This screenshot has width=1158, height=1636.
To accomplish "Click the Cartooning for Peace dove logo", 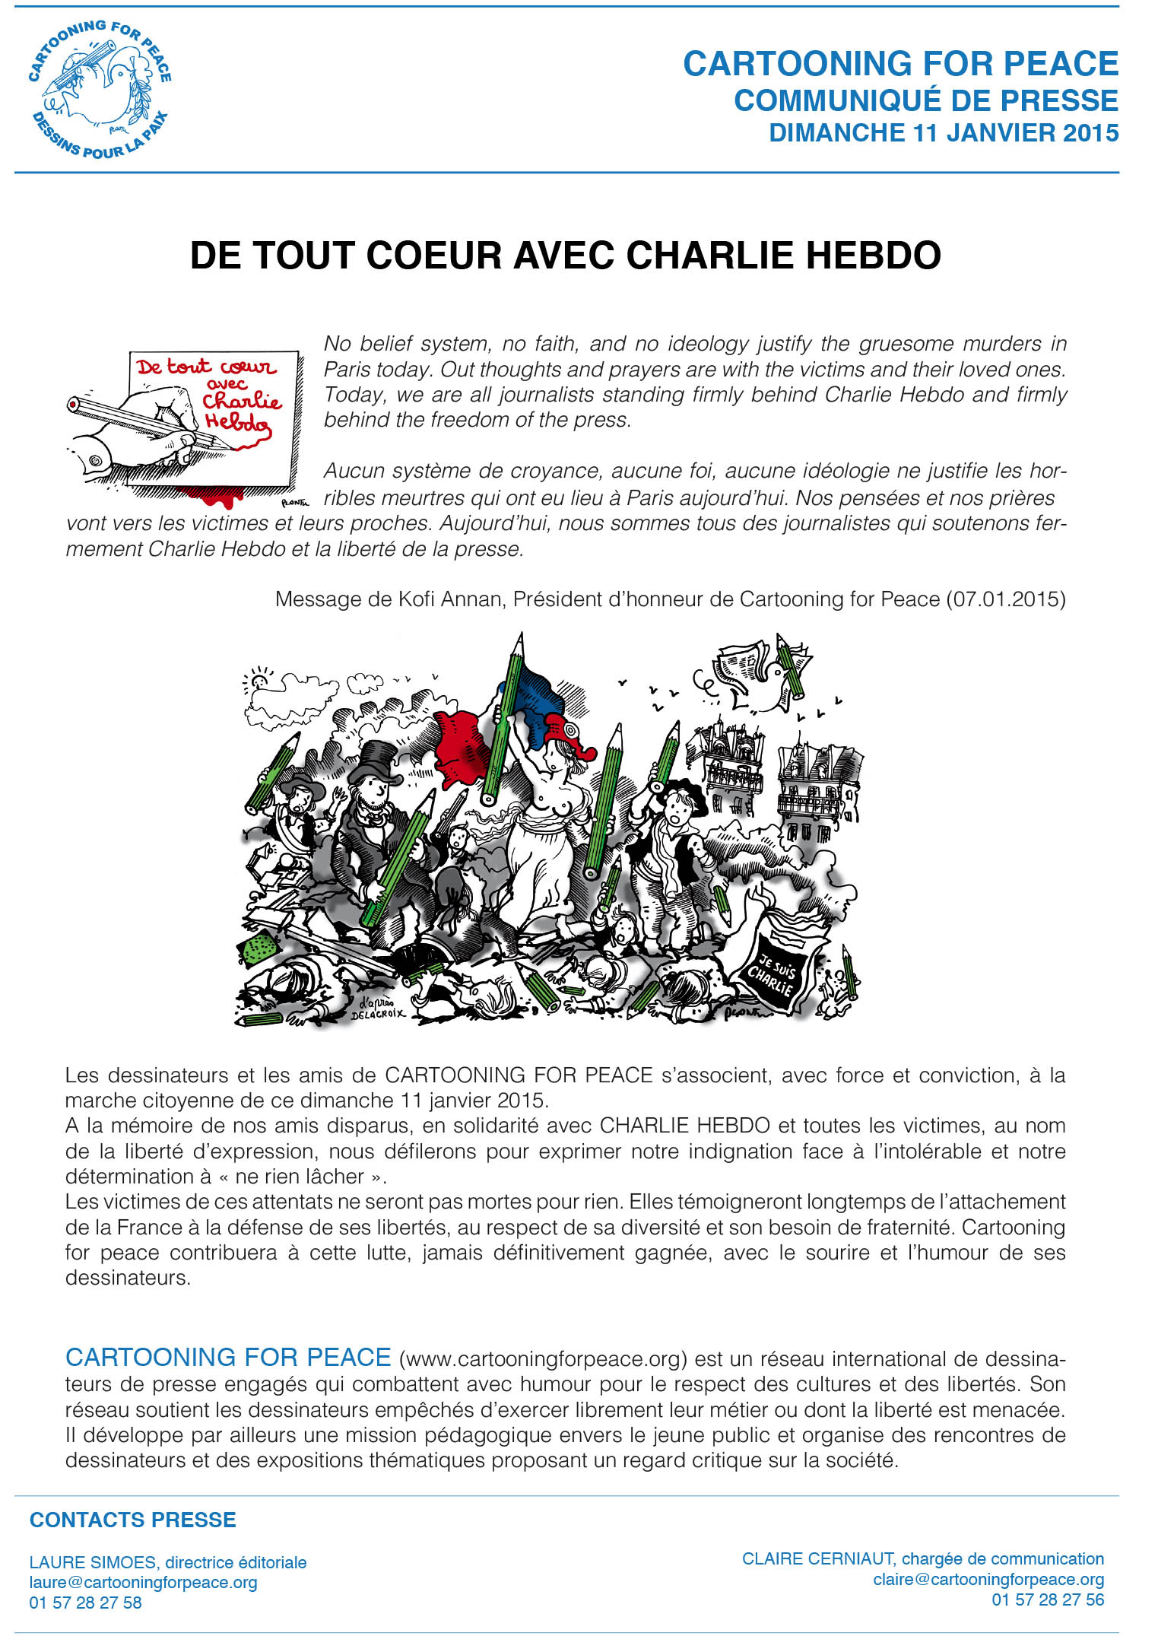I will point(100,89).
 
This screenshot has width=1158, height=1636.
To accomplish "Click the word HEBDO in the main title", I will point(872,256).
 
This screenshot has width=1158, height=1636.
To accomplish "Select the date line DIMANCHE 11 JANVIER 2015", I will point(944,133).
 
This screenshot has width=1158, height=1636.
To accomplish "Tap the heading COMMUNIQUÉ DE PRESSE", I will point(925,100).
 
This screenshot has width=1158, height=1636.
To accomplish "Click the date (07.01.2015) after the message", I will point(1005,599).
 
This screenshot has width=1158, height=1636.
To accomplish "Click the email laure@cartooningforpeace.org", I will point(143,1583).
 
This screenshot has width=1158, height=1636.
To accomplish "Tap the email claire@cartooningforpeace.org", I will point(988,1580).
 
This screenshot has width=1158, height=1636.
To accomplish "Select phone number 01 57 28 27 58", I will point(85,1603).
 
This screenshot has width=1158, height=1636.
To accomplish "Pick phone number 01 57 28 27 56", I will point(1047,1599).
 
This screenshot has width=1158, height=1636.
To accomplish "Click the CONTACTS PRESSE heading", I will point(132,1520).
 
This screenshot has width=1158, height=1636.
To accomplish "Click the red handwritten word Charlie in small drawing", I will point(241,401).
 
